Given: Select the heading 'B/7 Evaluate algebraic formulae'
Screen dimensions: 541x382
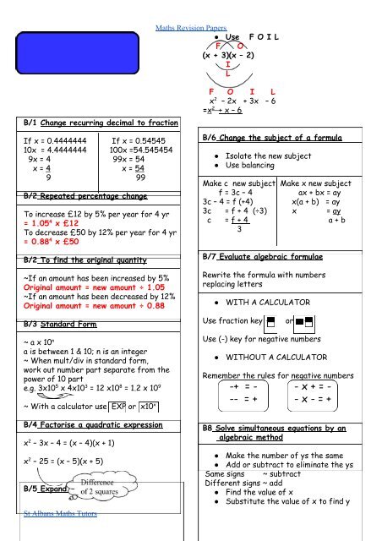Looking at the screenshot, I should (265, 278).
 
